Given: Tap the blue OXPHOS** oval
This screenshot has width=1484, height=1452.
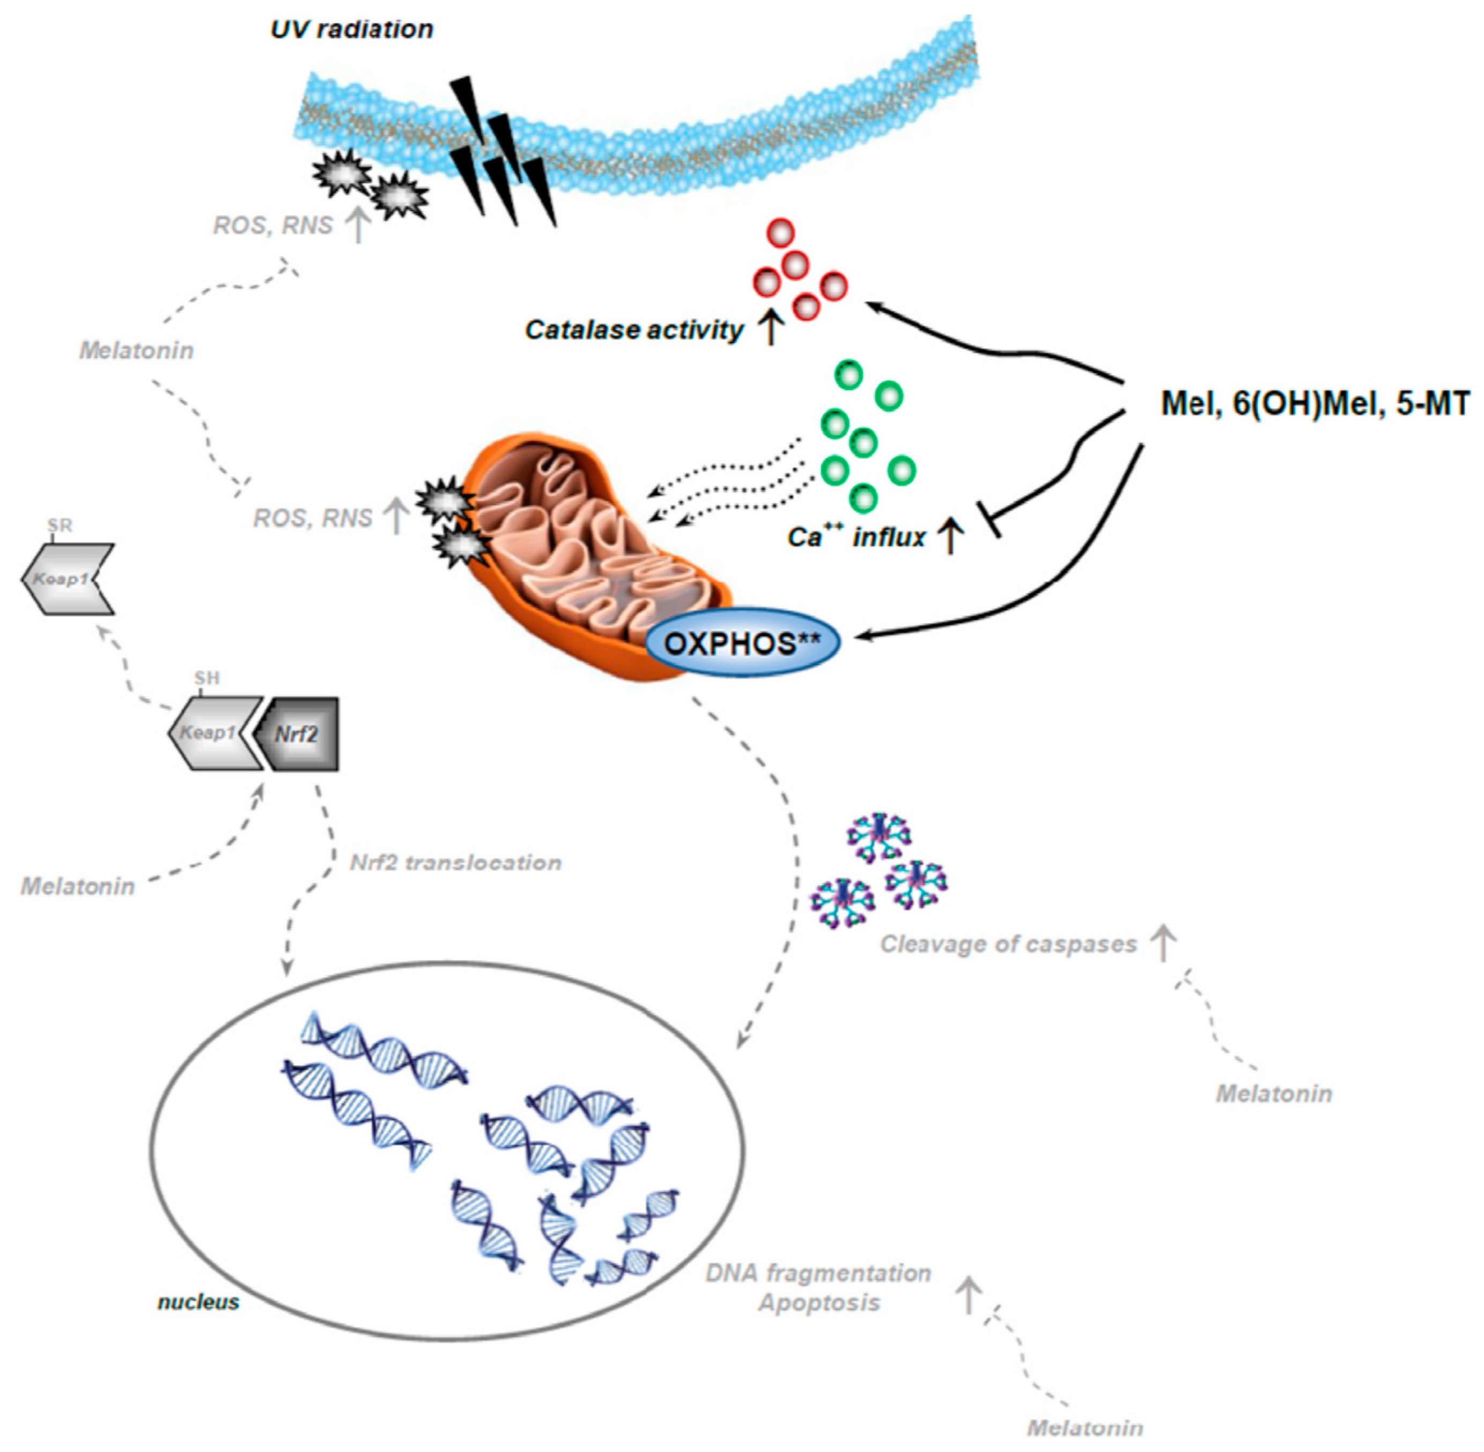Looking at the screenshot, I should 742,643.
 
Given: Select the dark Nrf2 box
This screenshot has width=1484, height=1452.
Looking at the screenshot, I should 299,734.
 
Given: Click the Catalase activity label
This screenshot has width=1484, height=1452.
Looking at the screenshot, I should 633,329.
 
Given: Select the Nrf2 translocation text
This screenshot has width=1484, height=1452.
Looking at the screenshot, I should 455,862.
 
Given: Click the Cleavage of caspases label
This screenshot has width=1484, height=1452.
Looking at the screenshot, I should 1008,944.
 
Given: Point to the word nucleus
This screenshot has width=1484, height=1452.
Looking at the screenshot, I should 198,1302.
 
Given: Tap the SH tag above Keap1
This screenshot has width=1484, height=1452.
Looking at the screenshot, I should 206,678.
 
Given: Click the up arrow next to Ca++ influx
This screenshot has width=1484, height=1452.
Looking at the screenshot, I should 950,536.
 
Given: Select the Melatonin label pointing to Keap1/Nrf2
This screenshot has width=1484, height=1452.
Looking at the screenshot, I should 77,886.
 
